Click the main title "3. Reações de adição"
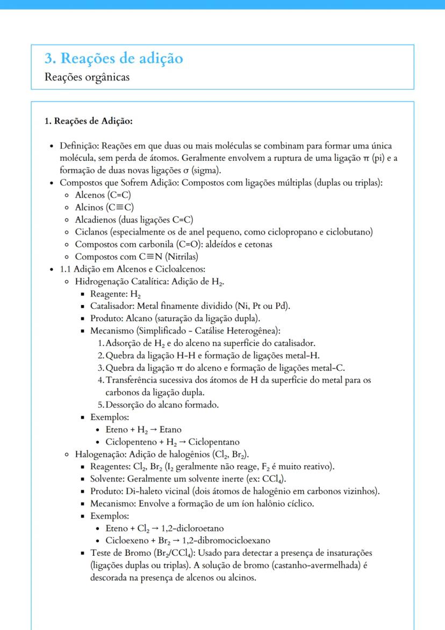(114, 58)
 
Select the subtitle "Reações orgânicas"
(87, 77)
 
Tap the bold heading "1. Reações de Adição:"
(88, 121)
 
